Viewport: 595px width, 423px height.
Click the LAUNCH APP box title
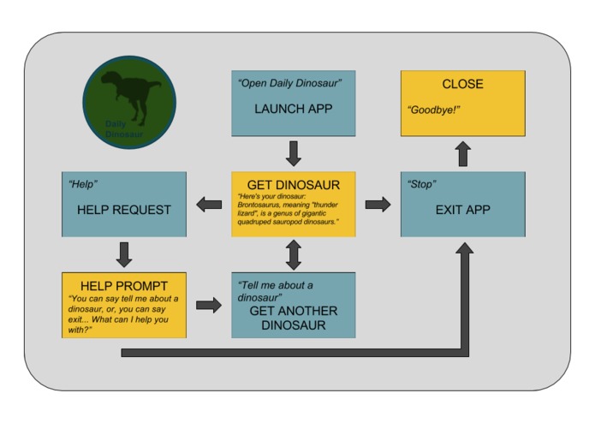[293, 110]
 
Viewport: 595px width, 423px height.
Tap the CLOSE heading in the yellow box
[462, 85]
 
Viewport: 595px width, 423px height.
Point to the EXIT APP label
[463, 209]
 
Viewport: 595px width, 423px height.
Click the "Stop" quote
[423, 184]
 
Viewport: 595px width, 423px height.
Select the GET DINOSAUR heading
[293, 185]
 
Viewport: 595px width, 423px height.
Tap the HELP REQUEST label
[123, 210]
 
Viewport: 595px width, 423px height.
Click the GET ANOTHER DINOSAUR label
[293, 318]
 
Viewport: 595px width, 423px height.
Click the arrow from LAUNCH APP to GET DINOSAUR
[294, 153]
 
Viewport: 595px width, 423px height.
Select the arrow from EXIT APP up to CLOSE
[462, 154]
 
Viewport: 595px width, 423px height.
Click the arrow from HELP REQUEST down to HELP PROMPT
[124, 254]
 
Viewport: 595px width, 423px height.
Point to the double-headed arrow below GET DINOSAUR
[294, 254]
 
